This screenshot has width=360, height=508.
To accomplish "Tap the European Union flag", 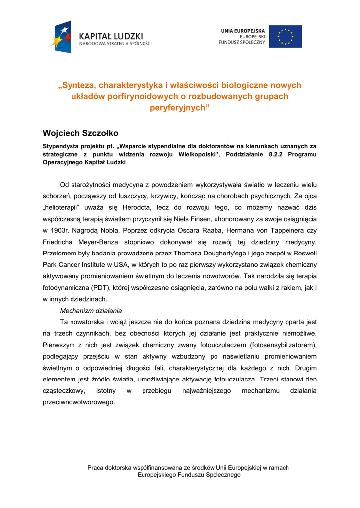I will click(285, 36).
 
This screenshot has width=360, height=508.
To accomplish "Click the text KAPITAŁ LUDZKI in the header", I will click(111, 36).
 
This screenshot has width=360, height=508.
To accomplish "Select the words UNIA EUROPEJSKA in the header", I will click(243, 31).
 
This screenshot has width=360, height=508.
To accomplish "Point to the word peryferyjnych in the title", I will click(180, 107).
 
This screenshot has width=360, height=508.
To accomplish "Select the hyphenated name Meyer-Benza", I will click(102, 242).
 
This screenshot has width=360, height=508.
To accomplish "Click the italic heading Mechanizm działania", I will click(90, 311).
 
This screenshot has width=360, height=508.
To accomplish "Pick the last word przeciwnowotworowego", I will click(78, 402).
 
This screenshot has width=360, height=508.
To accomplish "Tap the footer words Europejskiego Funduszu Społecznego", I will click(188, 475).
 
